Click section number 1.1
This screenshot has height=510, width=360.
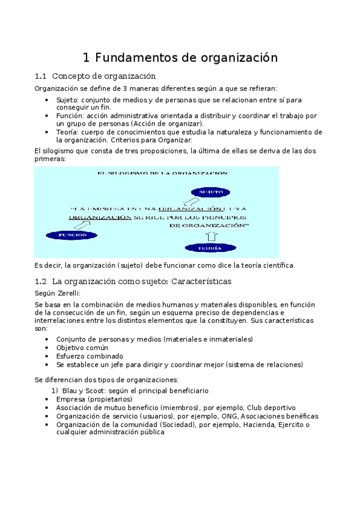tap(41, 76)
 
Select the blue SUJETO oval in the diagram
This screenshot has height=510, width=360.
tap(211, 192)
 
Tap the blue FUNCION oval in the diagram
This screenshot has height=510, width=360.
tap(72, 235)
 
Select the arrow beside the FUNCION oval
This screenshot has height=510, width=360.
tap(82, 224)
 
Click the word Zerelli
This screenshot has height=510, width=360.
tap(68, 293)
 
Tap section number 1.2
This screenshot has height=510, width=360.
tap(41, 281)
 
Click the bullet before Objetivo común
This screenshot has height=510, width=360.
tap(47, 348)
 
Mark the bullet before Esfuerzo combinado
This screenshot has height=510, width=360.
tap(47, 356)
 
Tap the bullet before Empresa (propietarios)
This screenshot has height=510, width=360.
tap(47, 399)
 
